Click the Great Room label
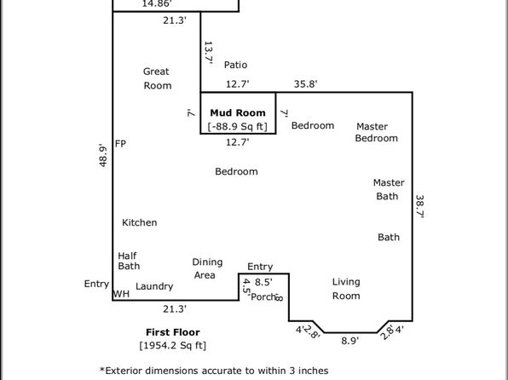157,78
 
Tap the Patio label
235,65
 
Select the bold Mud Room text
238,111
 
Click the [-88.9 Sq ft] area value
238,126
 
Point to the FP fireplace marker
121,144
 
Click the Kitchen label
140,222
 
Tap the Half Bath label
129,261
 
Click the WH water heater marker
121,295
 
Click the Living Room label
346,289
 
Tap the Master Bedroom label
376,132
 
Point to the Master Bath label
388,189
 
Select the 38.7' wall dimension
419,205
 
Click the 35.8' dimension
305,84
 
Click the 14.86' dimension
154,4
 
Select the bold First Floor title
173,331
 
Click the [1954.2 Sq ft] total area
173,345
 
